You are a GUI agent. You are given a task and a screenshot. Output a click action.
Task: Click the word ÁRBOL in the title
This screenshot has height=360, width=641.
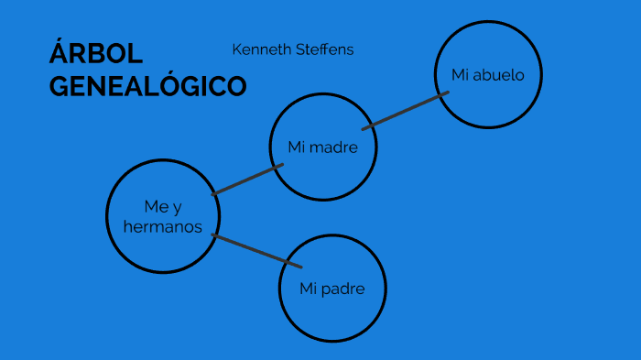coord(85,54)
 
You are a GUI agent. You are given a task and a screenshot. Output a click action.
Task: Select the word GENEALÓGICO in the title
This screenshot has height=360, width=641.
coord(147,86)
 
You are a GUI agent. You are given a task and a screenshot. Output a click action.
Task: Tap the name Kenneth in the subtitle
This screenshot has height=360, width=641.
coord(260,49)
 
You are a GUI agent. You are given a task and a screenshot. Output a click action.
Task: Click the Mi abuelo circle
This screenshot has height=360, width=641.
coord(488,75)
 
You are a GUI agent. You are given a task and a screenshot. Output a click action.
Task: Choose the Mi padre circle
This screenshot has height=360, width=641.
coord(331,289)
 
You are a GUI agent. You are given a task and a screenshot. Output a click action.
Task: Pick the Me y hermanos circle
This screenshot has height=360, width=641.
coord(163,216)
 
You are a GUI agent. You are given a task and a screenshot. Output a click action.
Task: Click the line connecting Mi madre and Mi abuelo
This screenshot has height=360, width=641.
coord(405,111)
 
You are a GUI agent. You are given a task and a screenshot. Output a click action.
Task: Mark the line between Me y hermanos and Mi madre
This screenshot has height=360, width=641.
coord(247,180)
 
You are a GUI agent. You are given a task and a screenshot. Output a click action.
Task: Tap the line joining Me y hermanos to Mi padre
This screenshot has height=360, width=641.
coord(256,251)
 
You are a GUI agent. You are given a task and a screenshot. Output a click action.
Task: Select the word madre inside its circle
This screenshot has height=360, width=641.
coord(333,147)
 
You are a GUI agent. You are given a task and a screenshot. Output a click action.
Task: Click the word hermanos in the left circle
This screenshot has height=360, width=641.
coord(163,226)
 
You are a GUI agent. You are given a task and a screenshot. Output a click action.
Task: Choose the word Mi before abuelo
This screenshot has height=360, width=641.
coord(460,75)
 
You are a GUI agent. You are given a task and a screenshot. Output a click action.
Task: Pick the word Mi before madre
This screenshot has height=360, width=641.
coord(296,147)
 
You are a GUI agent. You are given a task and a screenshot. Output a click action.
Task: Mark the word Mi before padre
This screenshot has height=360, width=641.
coord(308,289)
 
